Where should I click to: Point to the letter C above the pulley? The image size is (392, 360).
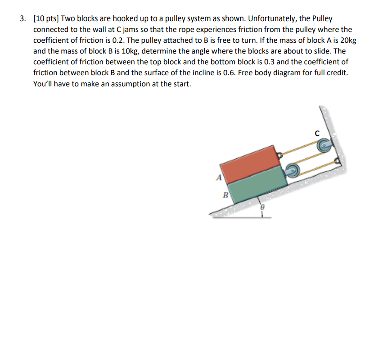(x=317, y=133)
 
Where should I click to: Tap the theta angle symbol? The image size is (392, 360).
(x=261, y=208)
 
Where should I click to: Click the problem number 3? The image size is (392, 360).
(x=22, y=19)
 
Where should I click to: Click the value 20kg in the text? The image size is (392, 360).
(x=346, y=40)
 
